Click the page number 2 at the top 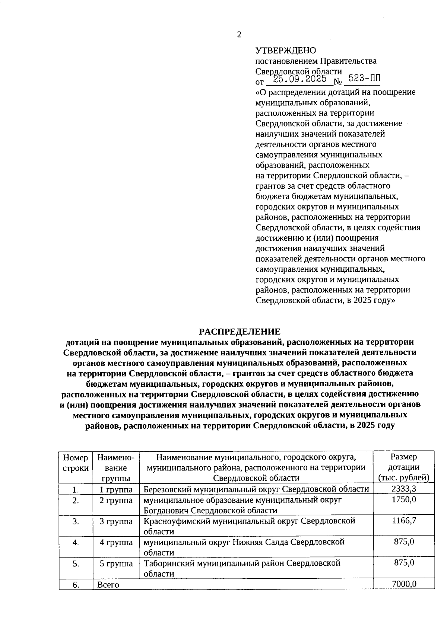tap(239, 35)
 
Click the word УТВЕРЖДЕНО tap(286, 50)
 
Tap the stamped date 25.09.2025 tap(300, 79)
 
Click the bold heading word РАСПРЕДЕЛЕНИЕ tap(239, 331)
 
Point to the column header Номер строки tap(76, 463)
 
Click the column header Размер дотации tap(404, 467)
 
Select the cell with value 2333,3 tap(404, 489)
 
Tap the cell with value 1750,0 tap(404, 499)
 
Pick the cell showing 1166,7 tap(404, 521)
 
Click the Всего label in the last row tap(108, 585)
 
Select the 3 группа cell tap(116, 521)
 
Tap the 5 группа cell tap(116, 563)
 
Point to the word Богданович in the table tap(168, 510)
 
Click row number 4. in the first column tap(76, 542)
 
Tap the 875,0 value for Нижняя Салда tap(404, 542)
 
